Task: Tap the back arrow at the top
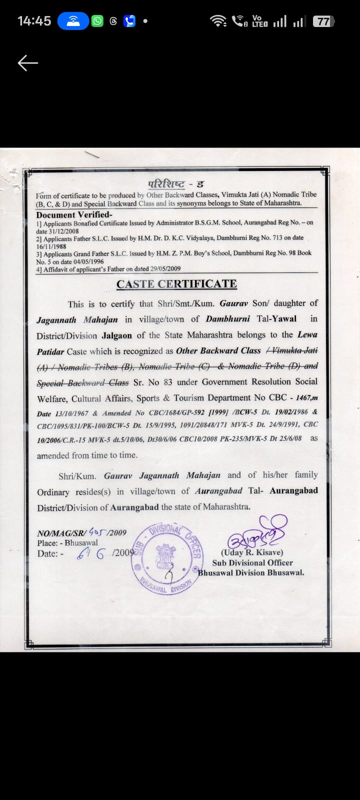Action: pos(28,63)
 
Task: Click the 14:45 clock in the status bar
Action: pos(34,21)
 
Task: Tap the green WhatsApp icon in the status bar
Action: pos(97,21)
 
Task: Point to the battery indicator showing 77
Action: pos(323,21)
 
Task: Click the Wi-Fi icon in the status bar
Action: pos(218,21)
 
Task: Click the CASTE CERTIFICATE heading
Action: pos(176,284)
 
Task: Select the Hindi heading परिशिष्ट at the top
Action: pos(166,184)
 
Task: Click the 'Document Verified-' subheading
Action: pos(74,215)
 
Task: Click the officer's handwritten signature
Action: pos(257,533)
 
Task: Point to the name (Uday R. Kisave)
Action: pos(252,552)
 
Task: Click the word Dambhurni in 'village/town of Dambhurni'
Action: pos(227,318)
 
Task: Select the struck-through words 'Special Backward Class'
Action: pos(82,383)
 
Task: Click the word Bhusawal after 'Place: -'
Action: pos(81,542)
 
